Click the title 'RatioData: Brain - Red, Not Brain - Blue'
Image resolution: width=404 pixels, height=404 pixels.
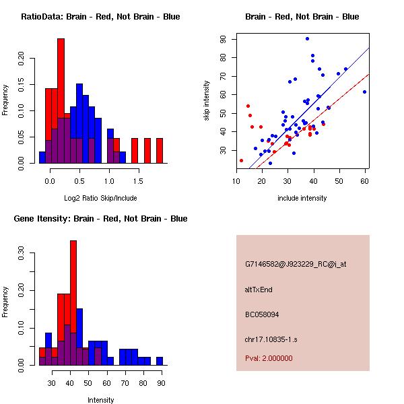tap(100, 16)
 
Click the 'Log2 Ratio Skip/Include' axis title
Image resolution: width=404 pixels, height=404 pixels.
tap(100, 199)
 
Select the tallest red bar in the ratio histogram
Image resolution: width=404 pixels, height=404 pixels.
tap(61, 101)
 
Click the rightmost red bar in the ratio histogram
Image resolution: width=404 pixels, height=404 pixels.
tap(160, 150)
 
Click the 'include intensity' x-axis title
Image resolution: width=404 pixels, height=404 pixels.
tap(302, 198)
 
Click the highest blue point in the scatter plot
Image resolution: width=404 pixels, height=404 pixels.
tap(307, 38)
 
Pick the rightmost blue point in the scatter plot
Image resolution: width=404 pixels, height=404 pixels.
tap(364, 92)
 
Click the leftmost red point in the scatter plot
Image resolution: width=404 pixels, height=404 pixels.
tap(241, 160)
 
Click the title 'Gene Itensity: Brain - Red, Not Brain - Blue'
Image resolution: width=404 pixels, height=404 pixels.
tap(100, 219)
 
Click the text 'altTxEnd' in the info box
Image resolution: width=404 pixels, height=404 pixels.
tap(259, 289)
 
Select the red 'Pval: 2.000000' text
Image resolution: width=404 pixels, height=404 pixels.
tap(271, 359)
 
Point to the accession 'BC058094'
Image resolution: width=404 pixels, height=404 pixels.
tap(262, 314)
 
